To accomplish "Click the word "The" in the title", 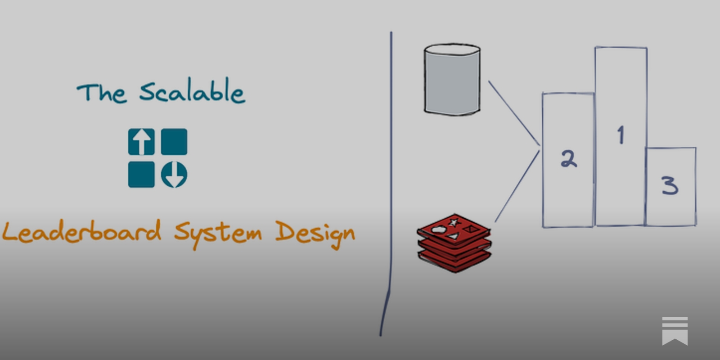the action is (101, 93).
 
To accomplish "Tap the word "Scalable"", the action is (192, 91).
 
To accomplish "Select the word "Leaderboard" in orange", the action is (81, 231).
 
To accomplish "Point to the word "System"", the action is (218, 233).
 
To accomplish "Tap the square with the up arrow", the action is (141, 142).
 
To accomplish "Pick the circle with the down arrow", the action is (174, 175).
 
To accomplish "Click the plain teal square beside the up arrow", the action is (174, 142).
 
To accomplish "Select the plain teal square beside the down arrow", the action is (141, 175).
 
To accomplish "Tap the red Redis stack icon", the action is (454, 243).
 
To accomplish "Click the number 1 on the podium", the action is (621, 135).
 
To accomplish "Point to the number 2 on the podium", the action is (568, 159).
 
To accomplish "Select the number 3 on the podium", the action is (670, 185).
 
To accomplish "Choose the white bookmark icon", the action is (675, 331).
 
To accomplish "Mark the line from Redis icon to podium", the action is (517, 186).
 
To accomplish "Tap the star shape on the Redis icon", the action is (454, 222).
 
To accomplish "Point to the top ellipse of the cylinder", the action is (452, 50).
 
